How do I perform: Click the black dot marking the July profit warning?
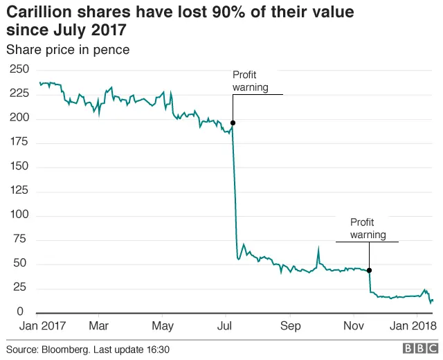233,123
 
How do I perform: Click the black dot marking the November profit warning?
369,270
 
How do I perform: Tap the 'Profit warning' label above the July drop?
250,81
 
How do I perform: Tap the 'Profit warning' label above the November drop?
368,228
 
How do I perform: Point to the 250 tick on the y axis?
19,69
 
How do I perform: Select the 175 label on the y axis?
19,142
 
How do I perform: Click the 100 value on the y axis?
19,215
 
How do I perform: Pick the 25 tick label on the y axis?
21,288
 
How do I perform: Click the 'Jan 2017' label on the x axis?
42,325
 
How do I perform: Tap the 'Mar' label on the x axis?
98,325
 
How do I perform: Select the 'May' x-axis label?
162,325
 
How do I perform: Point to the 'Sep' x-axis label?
290,325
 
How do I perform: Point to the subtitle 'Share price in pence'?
68,50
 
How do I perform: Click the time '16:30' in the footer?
156,349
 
